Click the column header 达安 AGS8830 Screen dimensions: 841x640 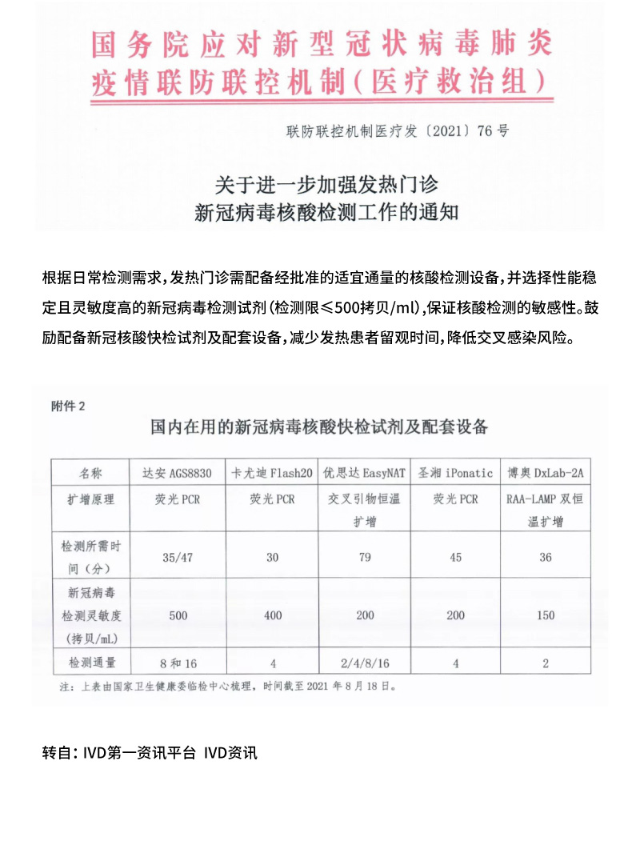(x=178, y=472)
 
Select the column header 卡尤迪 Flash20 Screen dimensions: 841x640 (x=270, y=472)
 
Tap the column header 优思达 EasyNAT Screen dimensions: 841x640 (x=365, y=472)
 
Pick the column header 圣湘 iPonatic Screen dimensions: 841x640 (x=455, y=472)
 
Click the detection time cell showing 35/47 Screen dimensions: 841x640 (x=178, y=557)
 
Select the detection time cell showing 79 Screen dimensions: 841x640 (x=365, y=557)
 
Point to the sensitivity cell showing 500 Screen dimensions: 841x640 (x=178, y=615)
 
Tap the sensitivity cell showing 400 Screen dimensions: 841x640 (x=270, y=615)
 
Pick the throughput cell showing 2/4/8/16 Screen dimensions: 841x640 (x=365, y=663)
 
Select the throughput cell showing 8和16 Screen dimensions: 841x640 (x=178, y=663)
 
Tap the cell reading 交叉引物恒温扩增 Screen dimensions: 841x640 (x=365, y=510)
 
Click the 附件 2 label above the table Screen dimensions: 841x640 (x=68, y=406)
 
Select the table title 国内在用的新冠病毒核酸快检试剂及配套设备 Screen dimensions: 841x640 (x=319, y=427)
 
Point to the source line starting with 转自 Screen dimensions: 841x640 (x=150, y=753)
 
